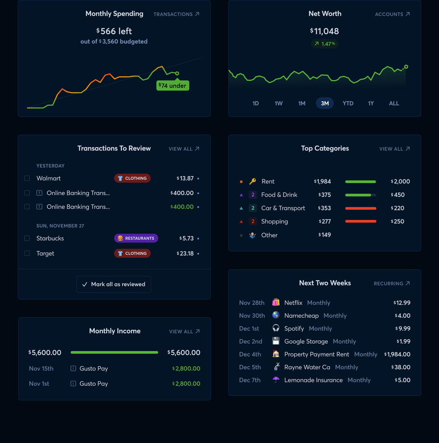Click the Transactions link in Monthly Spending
[176, 14]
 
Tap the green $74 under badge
[173, 86]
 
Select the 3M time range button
[325, 103]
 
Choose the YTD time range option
[348, 103]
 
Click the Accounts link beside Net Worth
[392, 14]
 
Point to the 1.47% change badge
[325, 44]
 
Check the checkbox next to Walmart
[27, 178]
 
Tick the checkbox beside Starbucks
[27, 239]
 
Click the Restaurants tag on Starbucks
[136, 239]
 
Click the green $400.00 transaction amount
[182, 207]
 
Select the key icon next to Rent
[252, 181]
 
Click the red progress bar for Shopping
[360, 221]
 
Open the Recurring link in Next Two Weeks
[392, 284]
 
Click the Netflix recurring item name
[293, 303]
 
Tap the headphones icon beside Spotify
[276, 328]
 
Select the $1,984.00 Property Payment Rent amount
[397, 354]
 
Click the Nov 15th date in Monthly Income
[41, 369]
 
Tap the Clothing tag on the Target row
[132, 253]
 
